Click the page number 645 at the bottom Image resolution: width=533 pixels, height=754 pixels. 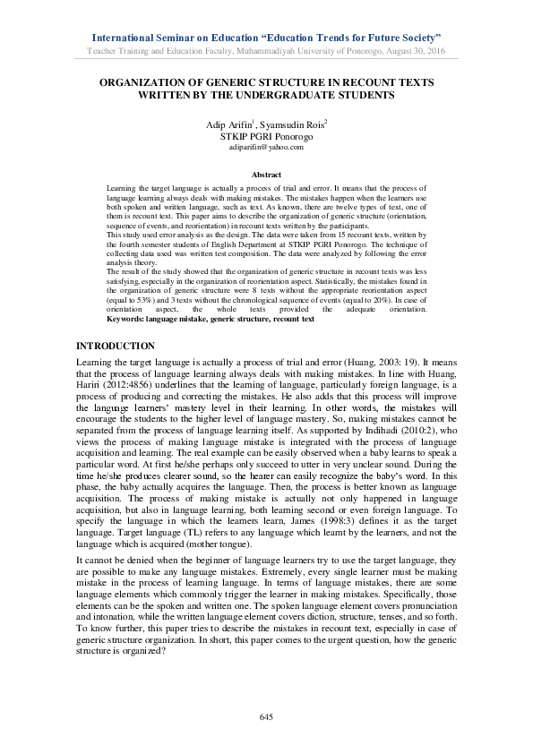[x=265, y=717]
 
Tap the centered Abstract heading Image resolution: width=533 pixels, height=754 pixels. [x=266, y=175]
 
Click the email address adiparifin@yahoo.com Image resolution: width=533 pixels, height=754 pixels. [x=266, y=156]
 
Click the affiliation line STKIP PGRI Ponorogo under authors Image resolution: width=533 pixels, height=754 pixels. [x=266, y=145]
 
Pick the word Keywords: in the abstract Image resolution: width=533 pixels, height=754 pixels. [x=127, y=318]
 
